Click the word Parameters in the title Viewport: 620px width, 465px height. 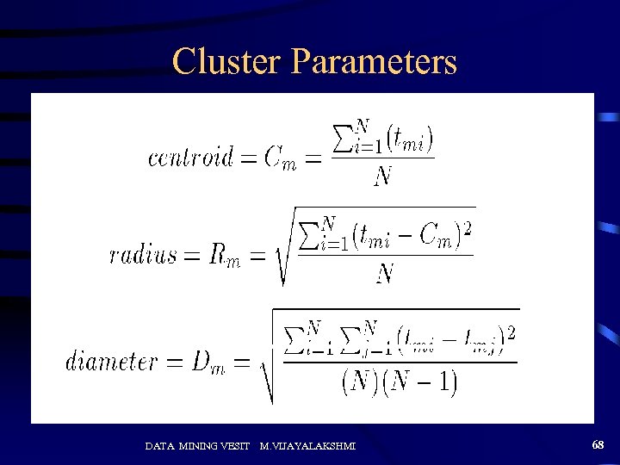click(374, 62)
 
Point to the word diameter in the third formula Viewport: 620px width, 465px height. click(109, 361)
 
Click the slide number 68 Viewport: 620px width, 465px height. click(598, 444)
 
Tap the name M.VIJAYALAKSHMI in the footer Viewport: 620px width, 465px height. click(307, 445)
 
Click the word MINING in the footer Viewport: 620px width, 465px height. click(201, 445)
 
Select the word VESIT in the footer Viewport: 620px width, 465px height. click(237, 445)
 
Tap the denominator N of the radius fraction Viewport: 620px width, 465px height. click(385, 274)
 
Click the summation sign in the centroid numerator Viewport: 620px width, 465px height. click(342, 138)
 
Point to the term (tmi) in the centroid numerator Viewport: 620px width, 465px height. click(409, 138)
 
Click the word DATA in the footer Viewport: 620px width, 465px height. click(159, 445)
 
